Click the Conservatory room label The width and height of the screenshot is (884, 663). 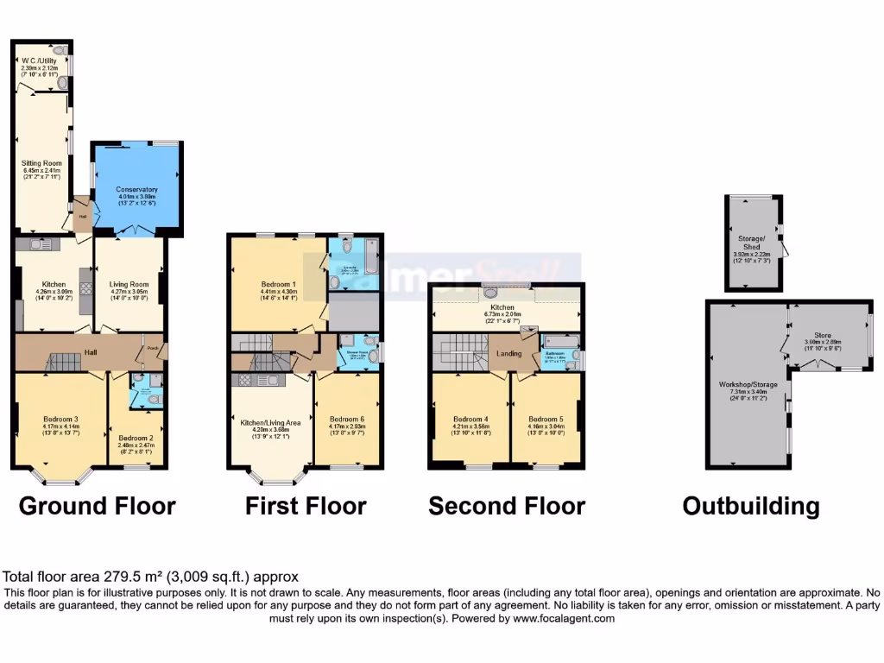[137, 189]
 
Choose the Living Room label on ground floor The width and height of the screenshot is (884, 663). [129, 284]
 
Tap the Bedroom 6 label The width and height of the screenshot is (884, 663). [347, 419]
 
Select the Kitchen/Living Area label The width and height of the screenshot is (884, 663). [270, 422]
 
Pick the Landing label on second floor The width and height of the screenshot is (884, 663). [508, 352]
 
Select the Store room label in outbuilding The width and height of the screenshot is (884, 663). [824, 335]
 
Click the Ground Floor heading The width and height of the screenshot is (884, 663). [97, 505]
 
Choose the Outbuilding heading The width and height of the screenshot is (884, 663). [751, 505]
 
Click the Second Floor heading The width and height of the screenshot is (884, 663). [507, 505]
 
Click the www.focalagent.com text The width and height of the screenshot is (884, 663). [564, 619]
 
